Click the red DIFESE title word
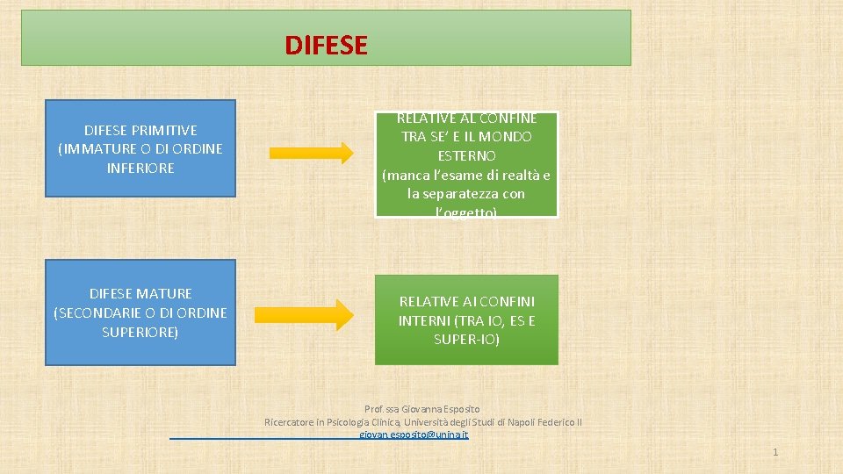(326, 44)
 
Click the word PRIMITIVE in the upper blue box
(165, 130)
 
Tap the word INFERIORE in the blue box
(140, 168)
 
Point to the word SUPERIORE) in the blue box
(140, 332)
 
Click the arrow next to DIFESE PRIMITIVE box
(311, 153)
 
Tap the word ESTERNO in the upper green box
(466, 155)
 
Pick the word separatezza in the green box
(465, 193)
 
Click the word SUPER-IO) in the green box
(466, 339)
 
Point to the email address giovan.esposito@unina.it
(414, 434)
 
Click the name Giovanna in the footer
(421, 409)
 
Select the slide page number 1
(775, 452)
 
